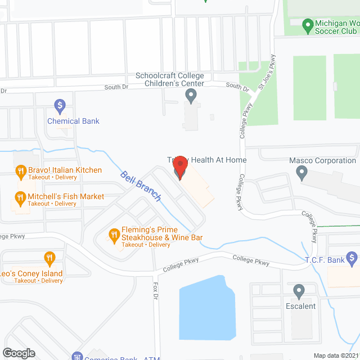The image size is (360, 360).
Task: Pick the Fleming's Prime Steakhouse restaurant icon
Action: point(114,233)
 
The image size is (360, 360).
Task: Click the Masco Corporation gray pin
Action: point(303,173)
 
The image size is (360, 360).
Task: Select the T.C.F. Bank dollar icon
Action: point(352,259)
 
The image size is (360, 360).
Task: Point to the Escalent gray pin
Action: point(299,291)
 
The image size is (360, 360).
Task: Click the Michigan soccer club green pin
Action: point(308,25)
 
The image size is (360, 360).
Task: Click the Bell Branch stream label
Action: point(141,186)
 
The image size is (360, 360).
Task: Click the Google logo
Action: point(19,353)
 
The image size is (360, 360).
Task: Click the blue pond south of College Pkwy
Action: point(205,307)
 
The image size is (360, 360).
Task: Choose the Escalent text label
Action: point(301,307)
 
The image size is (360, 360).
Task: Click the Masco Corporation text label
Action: point(322,161)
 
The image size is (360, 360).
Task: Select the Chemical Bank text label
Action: point(73,121)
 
